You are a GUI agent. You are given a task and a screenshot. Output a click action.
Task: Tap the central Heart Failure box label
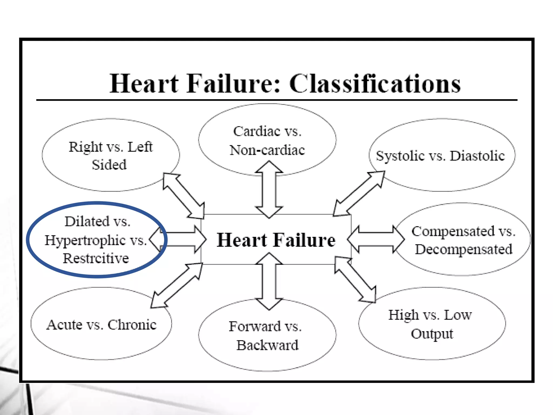276,240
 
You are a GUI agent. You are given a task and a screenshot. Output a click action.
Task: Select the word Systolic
400,156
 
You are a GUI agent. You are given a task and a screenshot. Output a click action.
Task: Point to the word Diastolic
477,156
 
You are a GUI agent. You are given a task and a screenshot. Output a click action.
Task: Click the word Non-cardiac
267,150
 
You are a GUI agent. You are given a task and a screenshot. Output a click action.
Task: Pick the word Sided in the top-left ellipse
109,165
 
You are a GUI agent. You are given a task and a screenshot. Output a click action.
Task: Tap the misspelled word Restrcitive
96,258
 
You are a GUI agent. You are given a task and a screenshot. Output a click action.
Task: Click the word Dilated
87,221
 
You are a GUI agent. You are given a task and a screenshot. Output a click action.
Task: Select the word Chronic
132,324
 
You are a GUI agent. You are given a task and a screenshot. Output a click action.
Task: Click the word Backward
268,345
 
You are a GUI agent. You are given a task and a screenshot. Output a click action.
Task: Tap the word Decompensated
464,249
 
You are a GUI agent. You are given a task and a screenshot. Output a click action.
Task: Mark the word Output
432,334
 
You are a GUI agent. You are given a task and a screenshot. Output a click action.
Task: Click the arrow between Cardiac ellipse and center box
269,189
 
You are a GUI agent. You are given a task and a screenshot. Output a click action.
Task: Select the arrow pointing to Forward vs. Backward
269,281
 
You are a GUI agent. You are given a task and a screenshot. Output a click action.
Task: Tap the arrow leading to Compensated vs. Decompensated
376,239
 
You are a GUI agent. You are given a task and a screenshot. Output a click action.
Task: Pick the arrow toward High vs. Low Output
355,280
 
